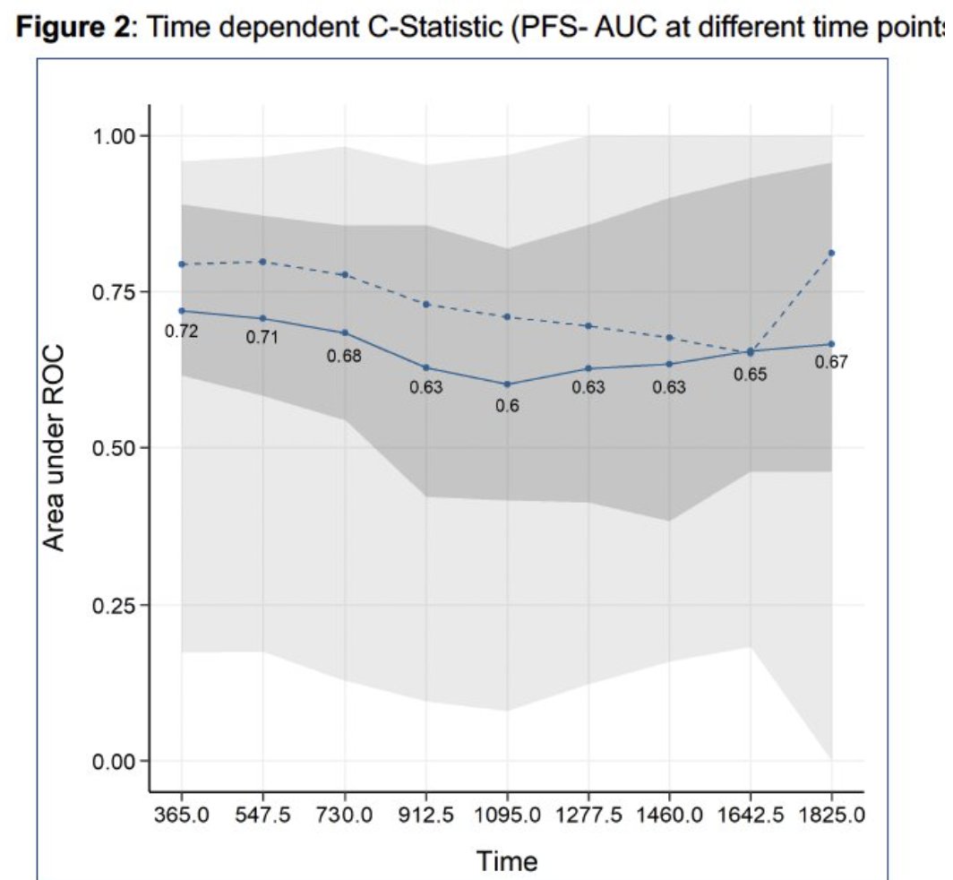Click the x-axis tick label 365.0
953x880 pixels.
pyautogui.click(x=182, y=818)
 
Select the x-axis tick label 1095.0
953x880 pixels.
pyautogui.click(x=507, y=818)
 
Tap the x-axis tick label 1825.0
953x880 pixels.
pyautogui.click(x=832, y=818)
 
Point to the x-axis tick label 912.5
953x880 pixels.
pyautogui.click(x=426, y=818)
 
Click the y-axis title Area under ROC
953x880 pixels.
pyautogui.click(x=55, y=448)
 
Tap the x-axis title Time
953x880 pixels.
pyautogui.click(x=508, y=861)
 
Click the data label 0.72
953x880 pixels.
pyautogui.click(x=181, y=332)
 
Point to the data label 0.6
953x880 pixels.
pyautogui.click(x=507, y=406)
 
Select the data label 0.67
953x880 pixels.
pyautogui.click(x=831, y=363)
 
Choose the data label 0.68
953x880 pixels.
pyautogui.click(x=344, y=356)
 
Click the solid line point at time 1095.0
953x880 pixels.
pyautogui.click(x=507, y=384)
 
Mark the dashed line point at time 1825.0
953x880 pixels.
pyautogui.click(x=832, y=253)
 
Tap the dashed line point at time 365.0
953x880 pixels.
pyautogui.click(x=182, y=264)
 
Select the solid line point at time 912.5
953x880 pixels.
pyautogui.click(x=426, y=367)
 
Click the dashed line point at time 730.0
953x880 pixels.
pyautogui.click(x=345, y=274)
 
